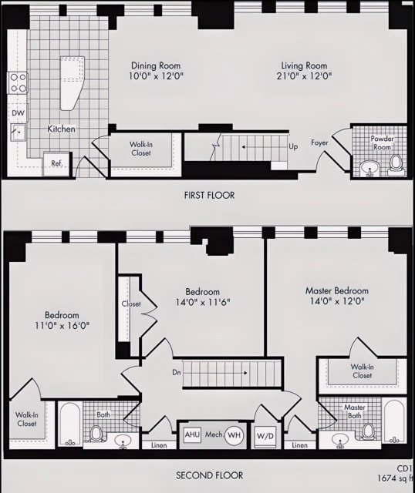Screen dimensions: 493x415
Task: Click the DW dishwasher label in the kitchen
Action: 17,112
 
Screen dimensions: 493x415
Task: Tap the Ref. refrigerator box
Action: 57,163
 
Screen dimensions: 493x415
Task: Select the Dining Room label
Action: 157,65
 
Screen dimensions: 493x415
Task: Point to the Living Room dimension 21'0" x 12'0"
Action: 302,76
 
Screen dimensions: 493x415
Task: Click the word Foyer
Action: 320,143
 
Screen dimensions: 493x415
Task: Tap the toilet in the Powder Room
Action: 396,163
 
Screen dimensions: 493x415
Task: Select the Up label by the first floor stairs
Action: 293,146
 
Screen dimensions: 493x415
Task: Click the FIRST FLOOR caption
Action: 209,196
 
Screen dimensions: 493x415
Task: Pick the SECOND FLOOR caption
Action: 210,475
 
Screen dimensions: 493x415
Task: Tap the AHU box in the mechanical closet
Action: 192,435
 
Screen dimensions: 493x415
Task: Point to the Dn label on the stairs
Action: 177,373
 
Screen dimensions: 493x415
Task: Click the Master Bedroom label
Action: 336,290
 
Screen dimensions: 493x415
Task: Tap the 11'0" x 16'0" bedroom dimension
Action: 62,327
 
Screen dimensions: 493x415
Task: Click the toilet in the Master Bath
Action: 368,431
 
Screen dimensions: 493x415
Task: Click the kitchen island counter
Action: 72,81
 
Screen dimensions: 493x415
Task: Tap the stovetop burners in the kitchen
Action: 17,82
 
